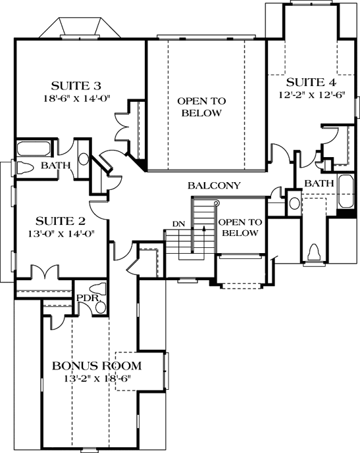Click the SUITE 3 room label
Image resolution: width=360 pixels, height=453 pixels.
pos(78,85)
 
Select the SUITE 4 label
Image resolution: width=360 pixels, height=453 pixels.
pos(306,82)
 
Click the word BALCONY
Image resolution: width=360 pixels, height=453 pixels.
pos(214,186)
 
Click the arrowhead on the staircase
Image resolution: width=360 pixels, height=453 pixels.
pos(204,229)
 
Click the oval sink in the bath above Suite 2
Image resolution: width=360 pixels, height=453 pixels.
pos(84,159)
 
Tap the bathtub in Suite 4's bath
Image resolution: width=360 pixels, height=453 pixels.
pos(346,194)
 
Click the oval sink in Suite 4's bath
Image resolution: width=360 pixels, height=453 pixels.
pos(294,201)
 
